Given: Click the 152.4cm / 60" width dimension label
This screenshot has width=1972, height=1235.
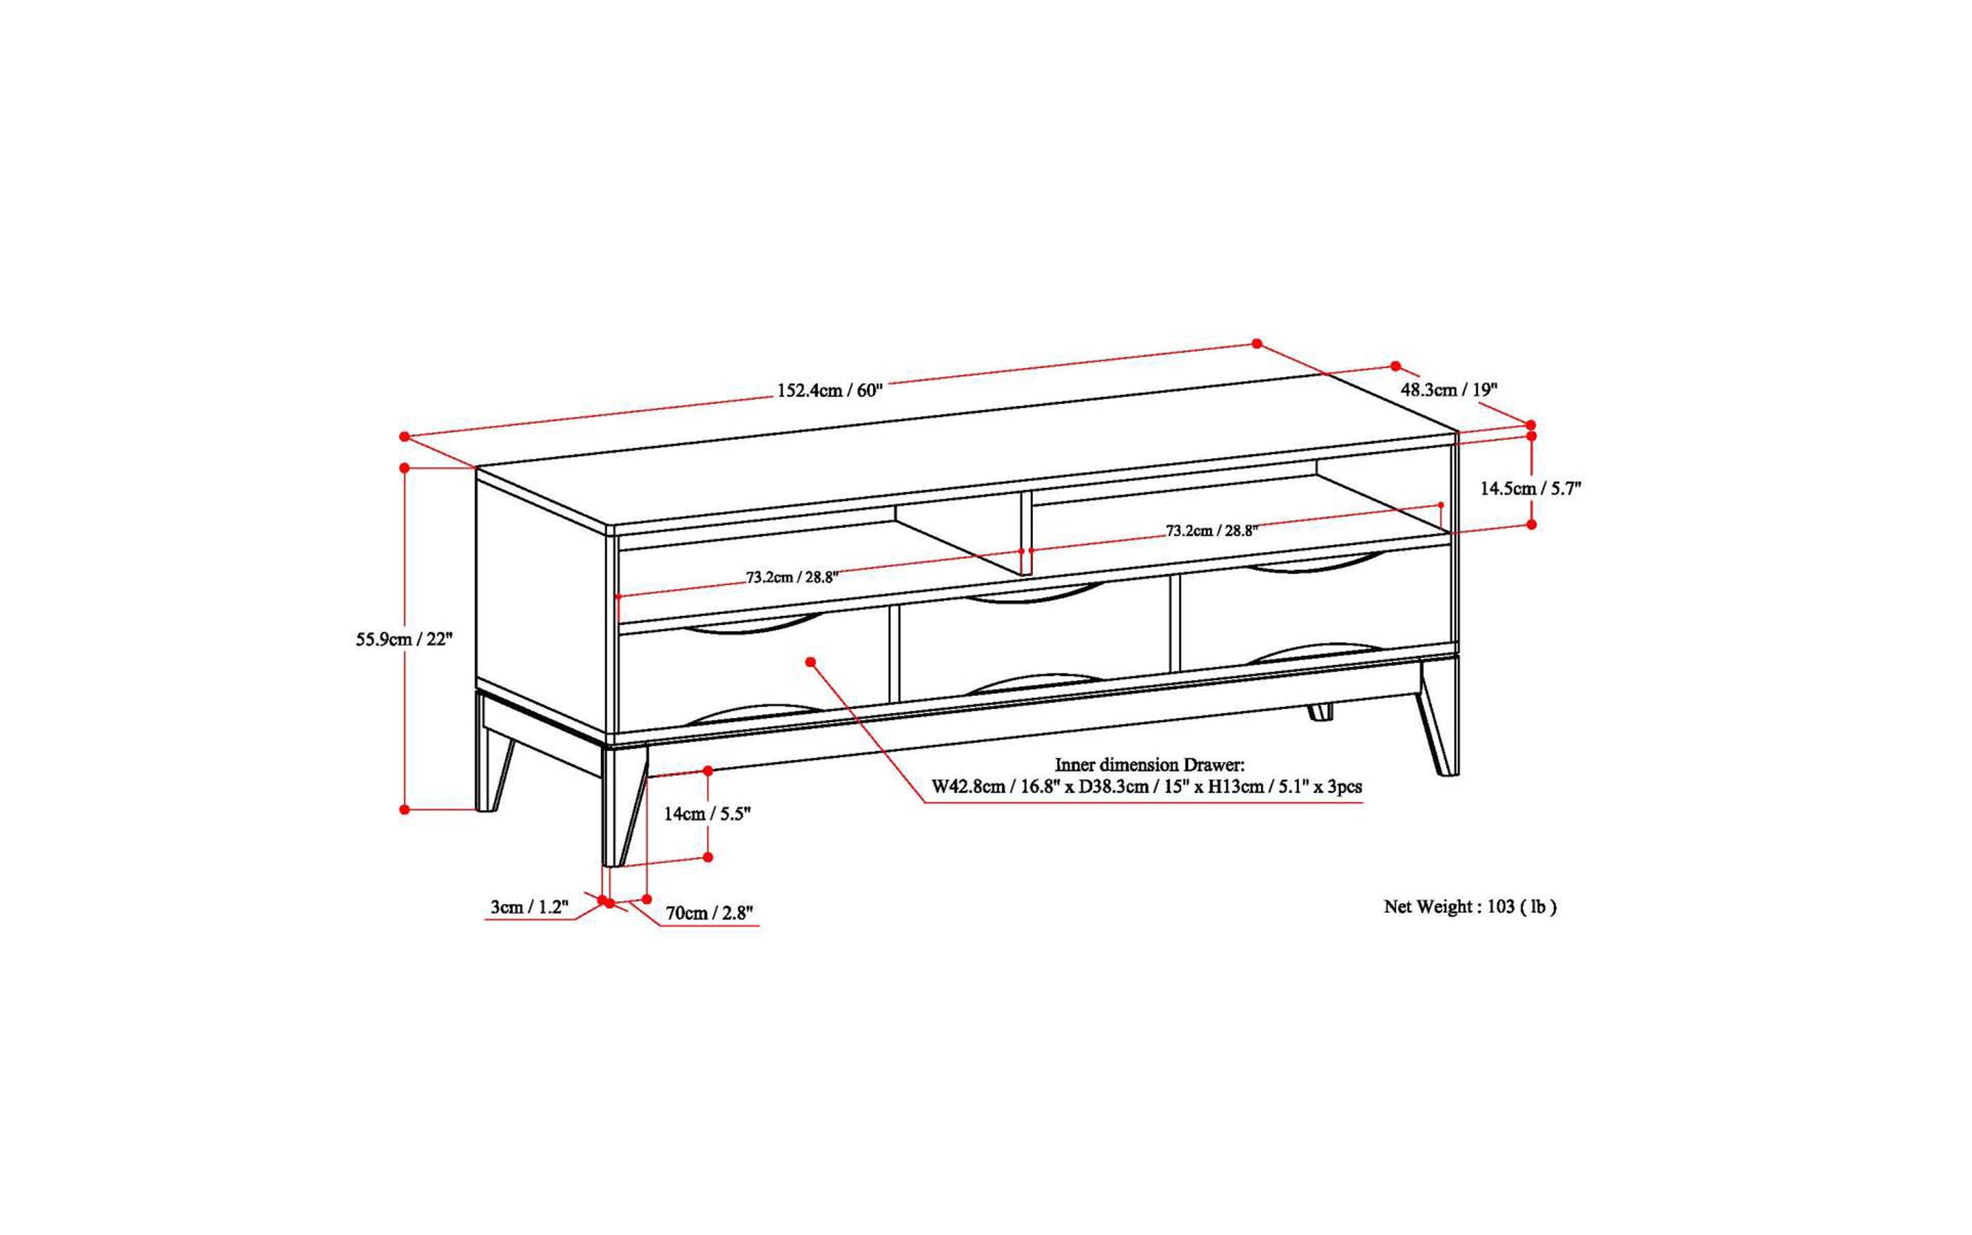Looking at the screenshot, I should (x=829, y=390).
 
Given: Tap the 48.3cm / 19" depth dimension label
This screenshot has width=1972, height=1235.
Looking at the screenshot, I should (x=1449, y=390).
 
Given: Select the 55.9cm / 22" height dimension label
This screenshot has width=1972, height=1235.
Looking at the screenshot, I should (x=403, y=639).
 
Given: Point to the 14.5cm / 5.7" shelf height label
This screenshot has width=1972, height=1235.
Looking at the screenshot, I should (x=1530, y=489).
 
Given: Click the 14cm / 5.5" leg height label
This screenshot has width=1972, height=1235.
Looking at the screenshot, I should (x=707, y=813).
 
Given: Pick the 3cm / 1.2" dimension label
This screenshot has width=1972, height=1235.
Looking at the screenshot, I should (x=529, y=907).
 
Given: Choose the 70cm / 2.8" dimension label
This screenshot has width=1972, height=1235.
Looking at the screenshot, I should (x=708, y=913).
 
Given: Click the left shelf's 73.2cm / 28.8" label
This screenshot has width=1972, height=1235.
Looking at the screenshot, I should (x=792, y=577).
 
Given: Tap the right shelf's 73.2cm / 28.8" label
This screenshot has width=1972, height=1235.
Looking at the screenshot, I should (x=1210, y=530).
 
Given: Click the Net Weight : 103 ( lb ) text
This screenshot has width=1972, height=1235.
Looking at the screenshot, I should (x=1470, y=907).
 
